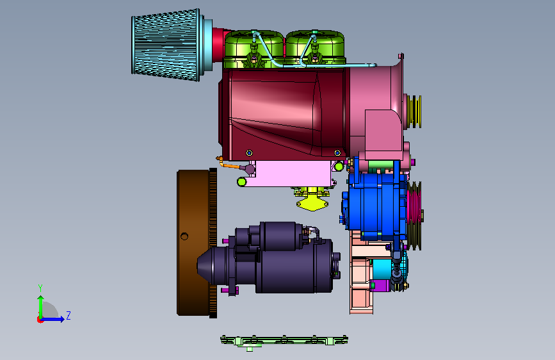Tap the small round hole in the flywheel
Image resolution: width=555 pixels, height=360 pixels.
click(184, 236)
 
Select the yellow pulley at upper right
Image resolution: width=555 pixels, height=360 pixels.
click(414, 111)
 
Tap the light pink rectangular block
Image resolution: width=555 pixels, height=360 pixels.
click(293, 173)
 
